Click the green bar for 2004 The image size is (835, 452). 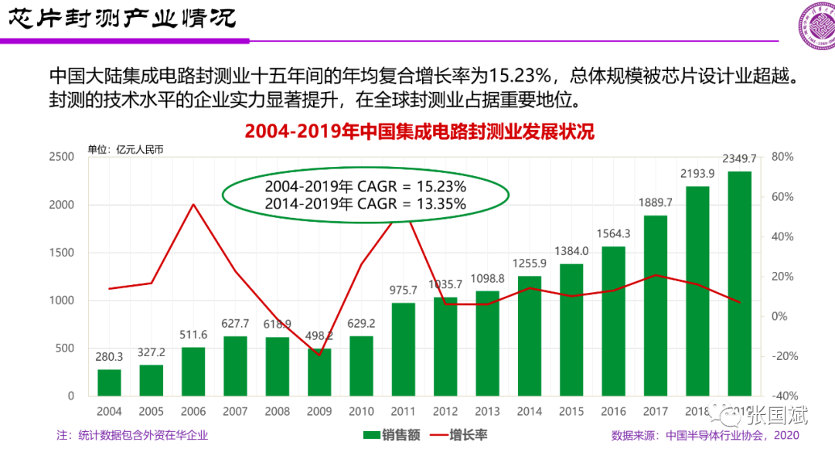coord(110,382)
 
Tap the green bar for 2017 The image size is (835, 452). coord(655,305)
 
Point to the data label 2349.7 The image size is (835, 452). coord(738,158)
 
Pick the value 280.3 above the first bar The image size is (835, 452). coord(110,357)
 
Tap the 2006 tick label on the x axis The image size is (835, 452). coord(193,412)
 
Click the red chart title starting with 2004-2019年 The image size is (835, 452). coord(419,131)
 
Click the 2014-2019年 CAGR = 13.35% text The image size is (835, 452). coord(365,204)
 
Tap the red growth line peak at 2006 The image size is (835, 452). coord(193,205)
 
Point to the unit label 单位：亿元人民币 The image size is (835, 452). coord(125,149)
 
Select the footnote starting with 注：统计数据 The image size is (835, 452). coord(132,435)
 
